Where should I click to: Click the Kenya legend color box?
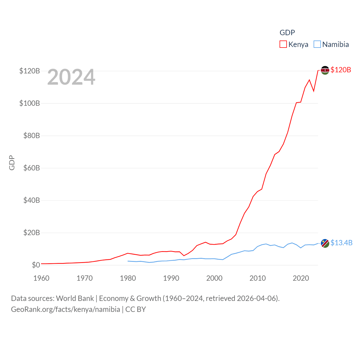tap(283, 44)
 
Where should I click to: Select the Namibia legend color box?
tap(317, 44)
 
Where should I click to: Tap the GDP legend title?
tap(287, 33)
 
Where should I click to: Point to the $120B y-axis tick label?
tap(30, 71)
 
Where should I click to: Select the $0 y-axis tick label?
tap(36, 265)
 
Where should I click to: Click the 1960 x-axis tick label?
tap(41, 278)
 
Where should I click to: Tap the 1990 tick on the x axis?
tap(171, 278)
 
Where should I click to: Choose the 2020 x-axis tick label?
tap(301, 278)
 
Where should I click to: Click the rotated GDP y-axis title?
tap(12, 163)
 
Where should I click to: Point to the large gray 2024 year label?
tap(71, 77)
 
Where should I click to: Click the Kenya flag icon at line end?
tap(325, 70)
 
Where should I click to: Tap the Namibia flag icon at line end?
tap(325, 243)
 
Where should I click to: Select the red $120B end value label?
tap(341, 70)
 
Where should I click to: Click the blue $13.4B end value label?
tap(341, 243)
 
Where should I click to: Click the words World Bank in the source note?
tap(75, 298)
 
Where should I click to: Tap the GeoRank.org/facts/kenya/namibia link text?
tap(66, 309)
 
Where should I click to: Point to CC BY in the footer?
tap(136, 309)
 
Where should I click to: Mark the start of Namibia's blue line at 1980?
tap(128, 261)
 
